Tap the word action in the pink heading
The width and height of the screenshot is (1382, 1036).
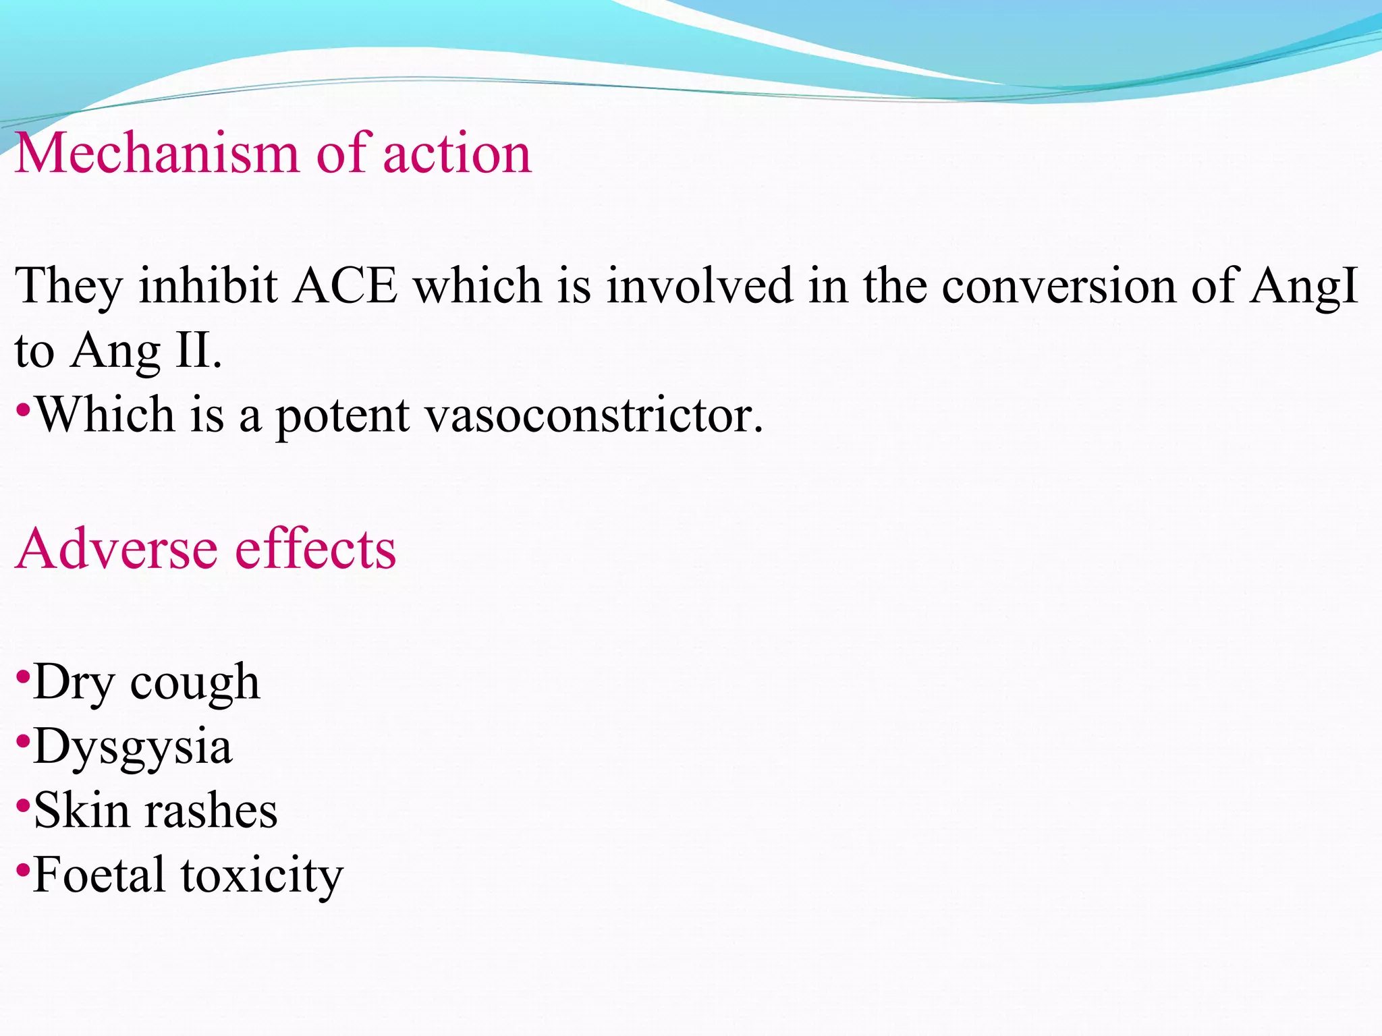457,154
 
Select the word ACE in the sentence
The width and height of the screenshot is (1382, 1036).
345,286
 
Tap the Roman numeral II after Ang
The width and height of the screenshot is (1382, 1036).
194,351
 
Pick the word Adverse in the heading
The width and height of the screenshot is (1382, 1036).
117,548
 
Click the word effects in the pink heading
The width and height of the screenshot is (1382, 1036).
315,548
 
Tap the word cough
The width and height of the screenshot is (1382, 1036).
194,683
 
